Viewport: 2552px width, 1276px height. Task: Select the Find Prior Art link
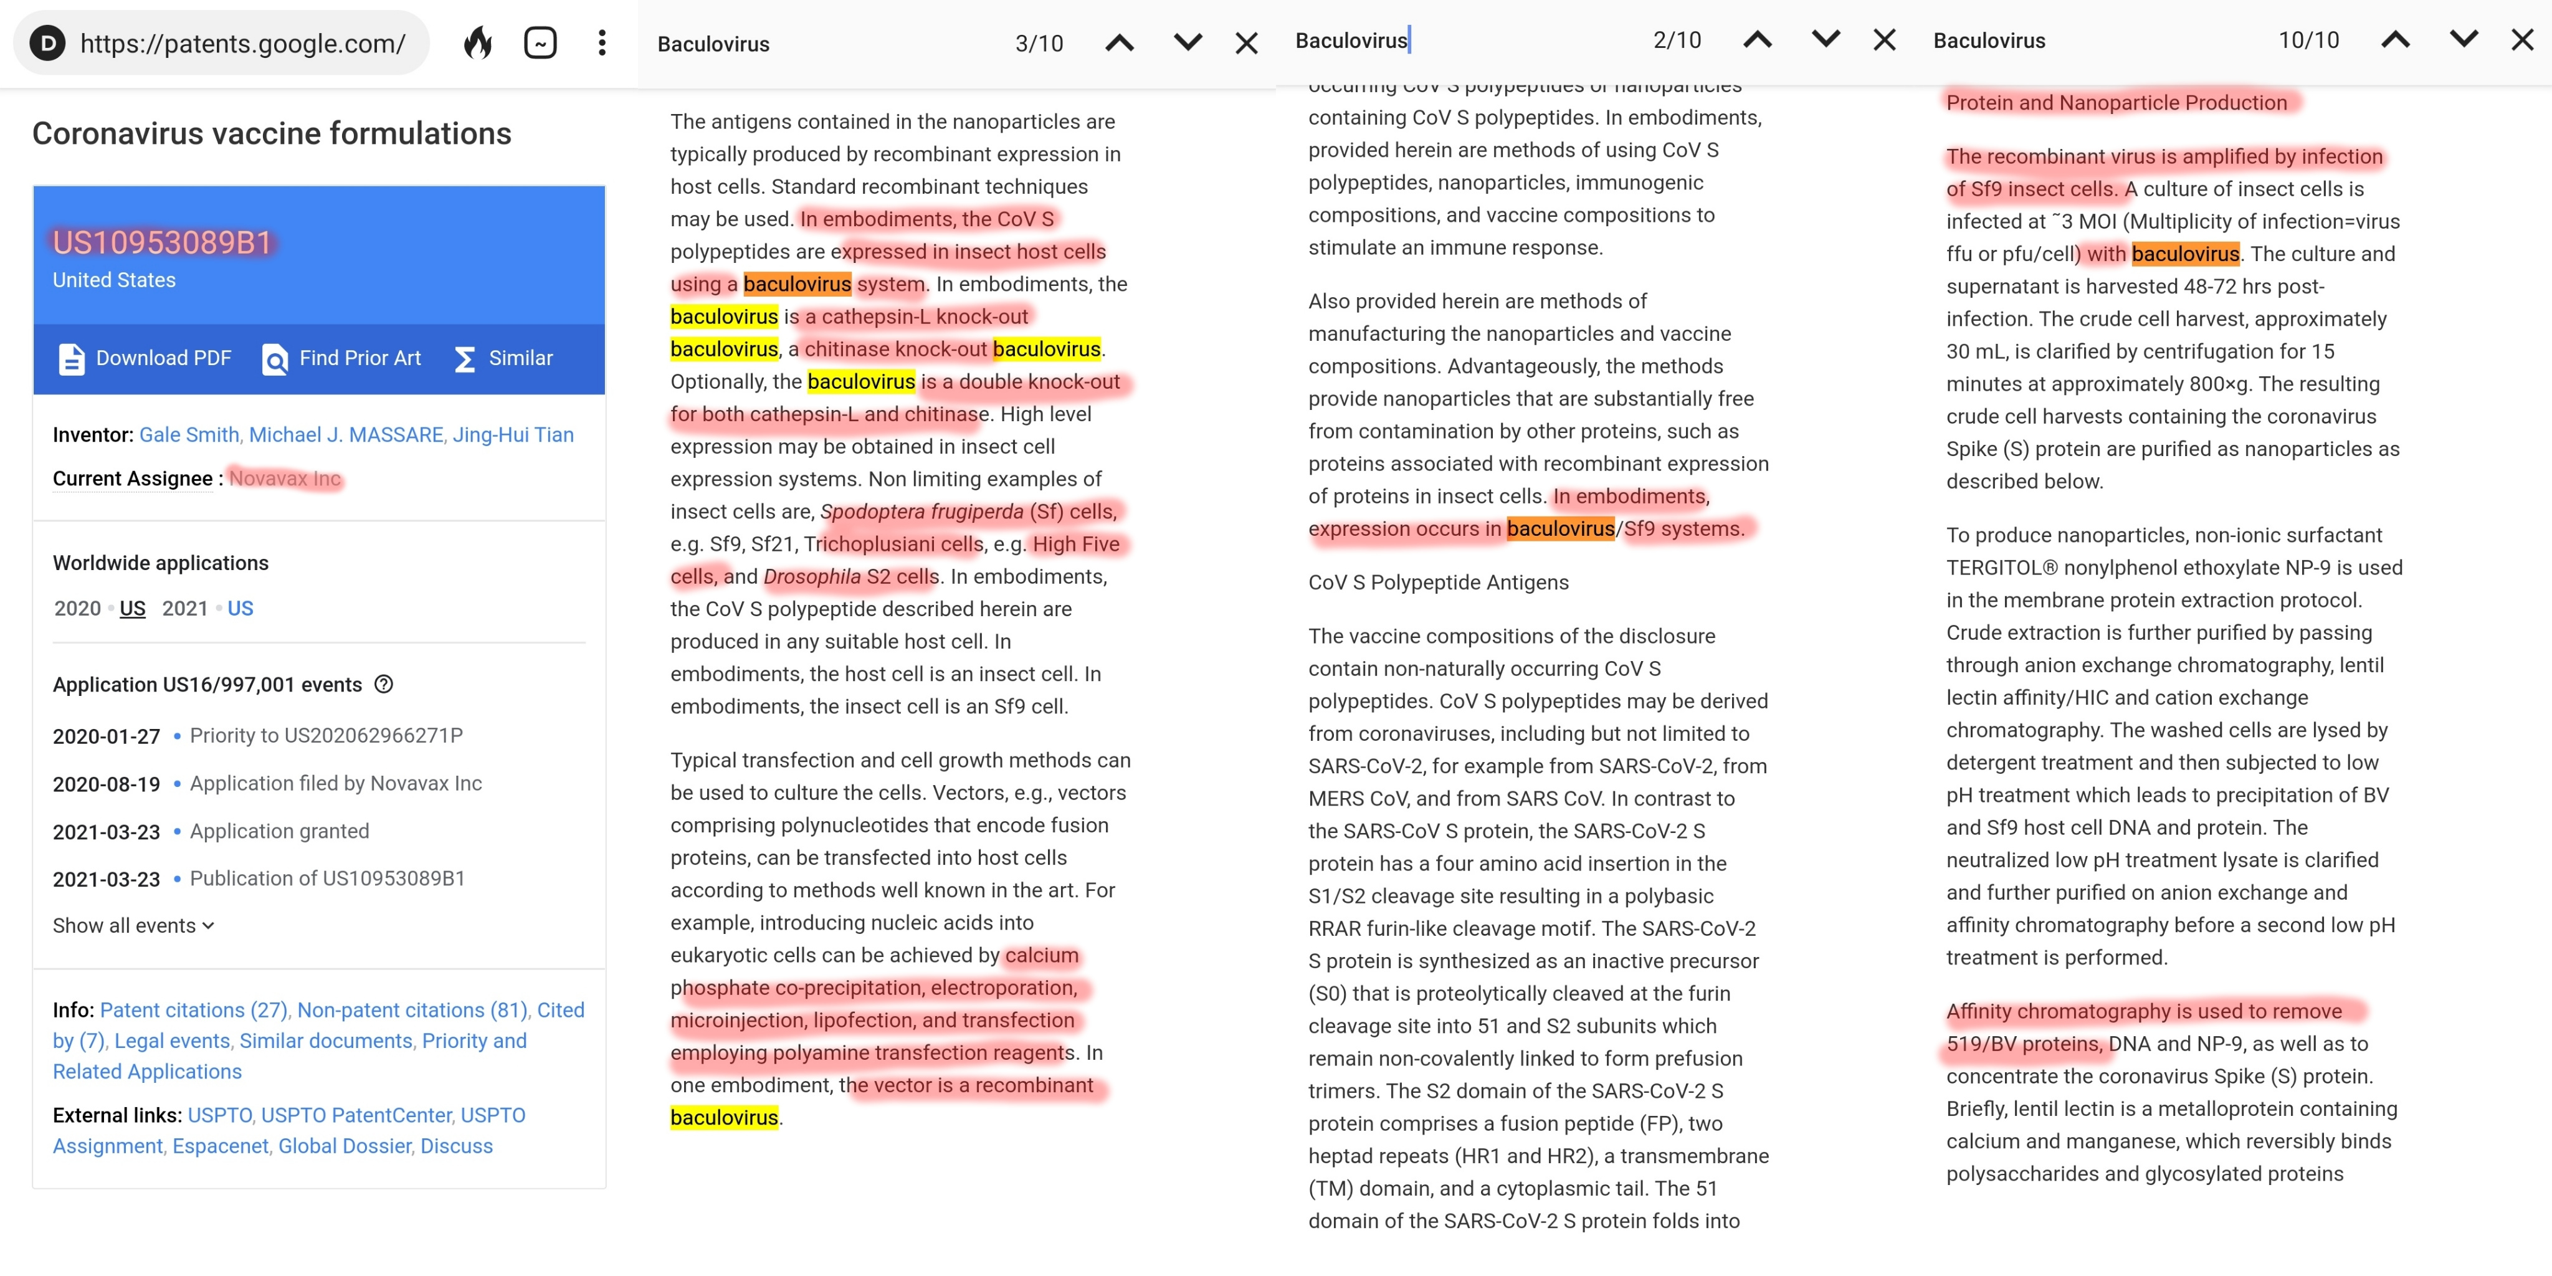pos(342,359)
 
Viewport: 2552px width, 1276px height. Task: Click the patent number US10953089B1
pos(161,243)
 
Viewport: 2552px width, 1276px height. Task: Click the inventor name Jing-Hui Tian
pos(513,435)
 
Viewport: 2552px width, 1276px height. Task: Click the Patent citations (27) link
pos(193,1011)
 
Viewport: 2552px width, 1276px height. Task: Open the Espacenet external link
pos(220,1146)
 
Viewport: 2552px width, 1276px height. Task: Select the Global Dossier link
pos(344,1146)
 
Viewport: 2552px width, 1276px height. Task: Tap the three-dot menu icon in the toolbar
pos(601,42)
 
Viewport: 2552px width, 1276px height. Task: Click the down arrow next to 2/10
pos(1825,40)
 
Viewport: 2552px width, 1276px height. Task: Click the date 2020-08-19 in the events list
pos(106,784)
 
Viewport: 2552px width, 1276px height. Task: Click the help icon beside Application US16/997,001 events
pos(384,685)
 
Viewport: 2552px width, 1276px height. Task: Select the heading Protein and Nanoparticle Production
pos(2116,103)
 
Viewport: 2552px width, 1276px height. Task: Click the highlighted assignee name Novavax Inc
pos(285,478)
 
